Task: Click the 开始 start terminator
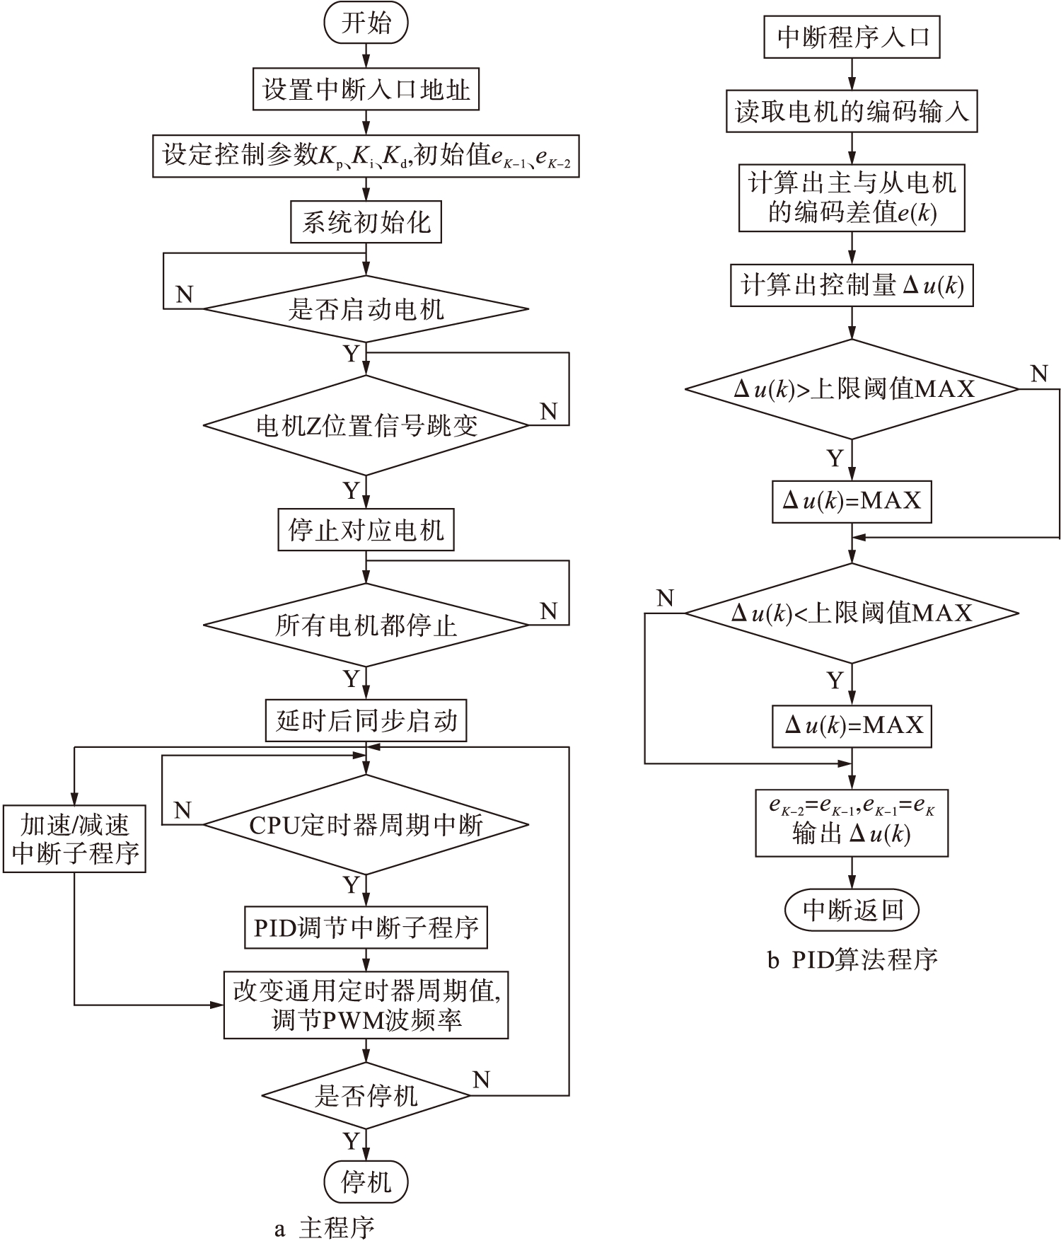click(x=366, y=23)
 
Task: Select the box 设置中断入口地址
click(x=366, y=89)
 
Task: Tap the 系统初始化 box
click(x=366, y=223)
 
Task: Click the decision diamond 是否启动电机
click(x=366, y=309)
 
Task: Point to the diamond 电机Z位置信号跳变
click(x=366, y=425)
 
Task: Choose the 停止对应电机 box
click(x=366, y=530)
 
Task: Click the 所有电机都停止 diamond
click(x=366, y=625)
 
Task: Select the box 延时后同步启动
click(x=366, y=721)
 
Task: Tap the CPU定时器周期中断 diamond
click(x=366, y=825)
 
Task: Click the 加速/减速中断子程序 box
click(x=74, y=838)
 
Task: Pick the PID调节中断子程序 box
click(x=366, y=928)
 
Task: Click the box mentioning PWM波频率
click(x=366, y=1005)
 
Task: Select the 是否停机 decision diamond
click(x=366, y=1095)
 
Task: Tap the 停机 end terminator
click(x=366, y=1182)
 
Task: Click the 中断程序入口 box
click(x=852, y=37)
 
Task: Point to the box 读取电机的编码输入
click(x=852, y=111)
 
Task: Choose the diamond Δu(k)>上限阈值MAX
click(x=852, y=389)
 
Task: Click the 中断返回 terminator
click(x=852, y=910)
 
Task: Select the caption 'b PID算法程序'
click(x=852, y=959)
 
